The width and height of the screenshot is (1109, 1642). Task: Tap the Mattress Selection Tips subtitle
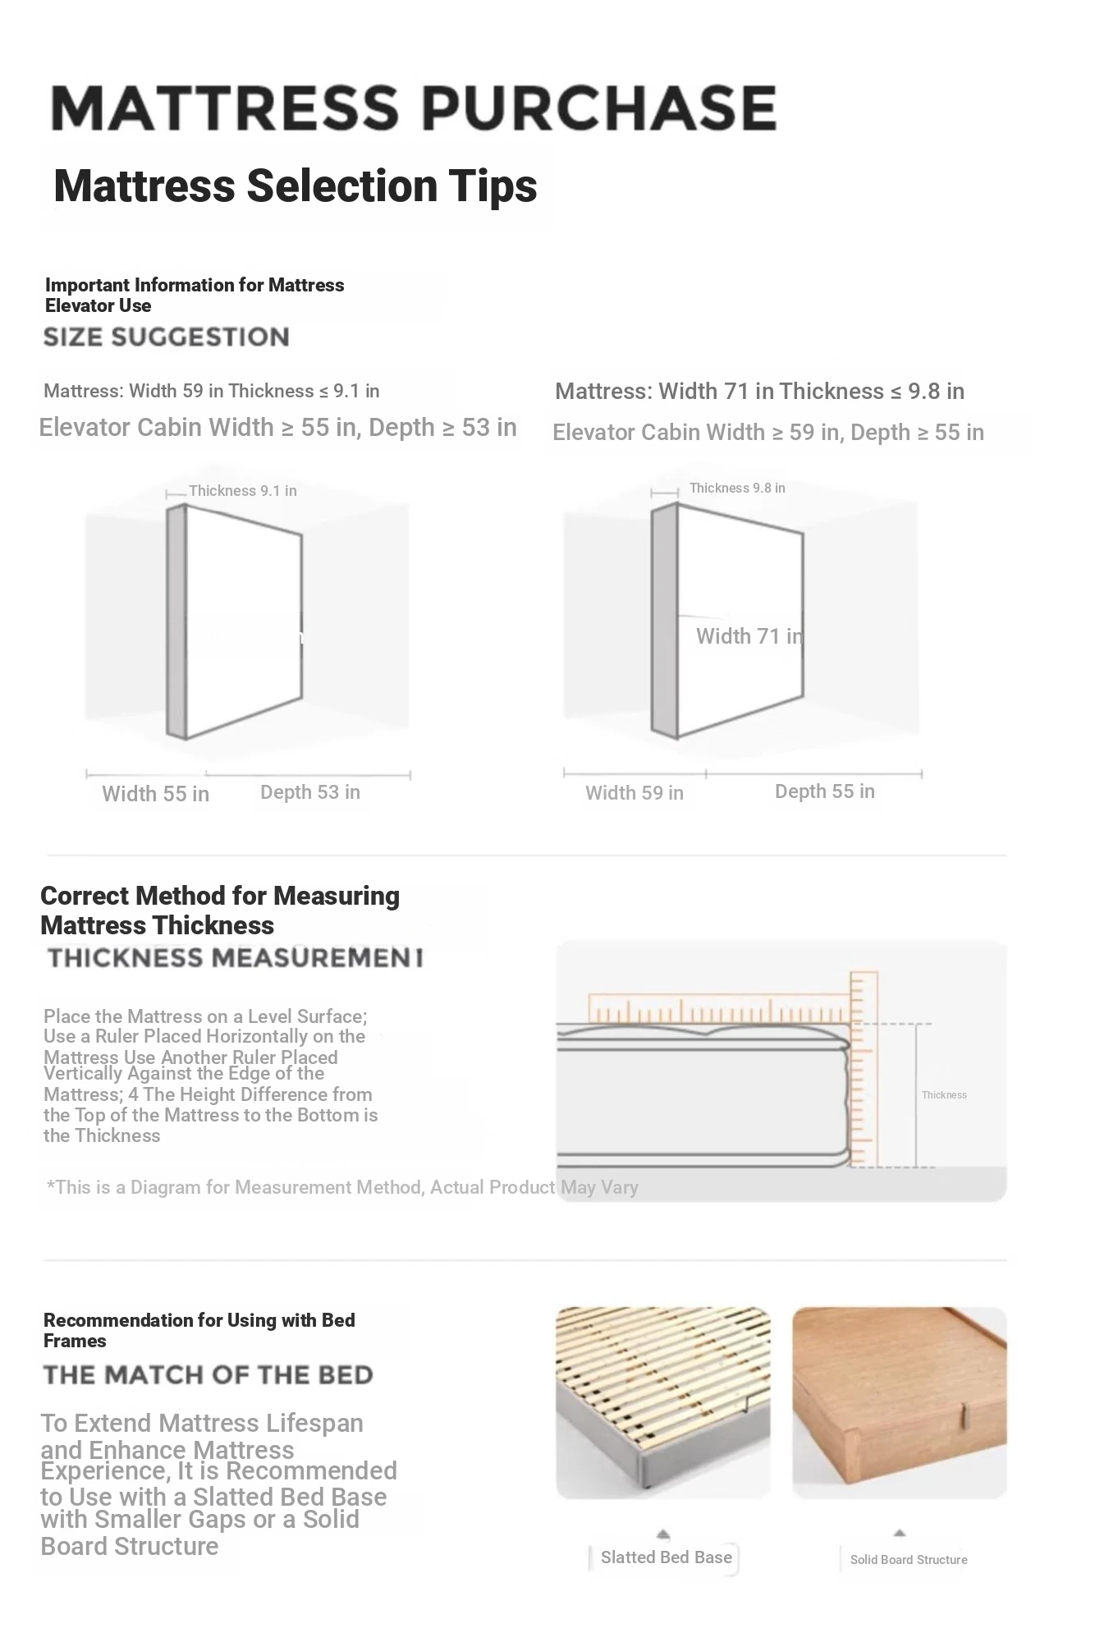[295, 186]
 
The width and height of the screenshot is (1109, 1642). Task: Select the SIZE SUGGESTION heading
[166, 337]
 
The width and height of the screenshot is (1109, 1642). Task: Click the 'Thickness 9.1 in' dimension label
[242, 491]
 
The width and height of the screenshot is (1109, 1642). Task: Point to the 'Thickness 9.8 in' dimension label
[736, 488]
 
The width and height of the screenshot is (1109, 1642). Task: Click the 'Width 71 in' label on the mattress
[749, 636]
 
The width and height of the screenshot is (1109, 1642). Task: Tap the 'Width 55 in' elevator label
[155, 794]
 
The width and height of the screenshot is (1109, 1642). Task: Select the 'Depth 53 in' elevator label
[309, 792]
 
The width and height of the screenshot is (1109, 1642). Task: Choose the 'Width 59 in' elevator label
[634, 793]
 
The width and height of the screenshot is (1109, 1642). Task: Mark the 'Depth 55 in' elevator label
[824, 791]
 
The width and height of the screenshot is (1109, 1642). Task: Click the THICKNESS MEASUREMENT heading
[235, 957]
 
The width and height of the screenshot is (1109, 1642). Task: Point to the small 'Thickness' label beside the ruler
[944, 1095]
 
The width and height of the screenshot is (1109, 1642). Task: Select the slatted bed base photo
[663, 1402]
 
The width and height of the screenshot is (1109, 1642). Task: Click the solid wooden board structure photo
[899, 1402]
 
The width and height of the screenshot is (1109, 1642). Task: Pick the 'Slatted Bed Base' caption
[666, 1557]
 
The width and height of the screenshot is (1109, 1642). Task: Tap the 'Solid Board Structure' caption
[908, 1560]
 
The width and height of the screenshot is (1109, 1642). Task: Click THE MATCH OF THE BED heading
[208, 1375]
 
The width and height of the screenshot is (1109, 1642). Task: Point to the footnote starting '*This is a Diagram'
[342, 1187]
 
